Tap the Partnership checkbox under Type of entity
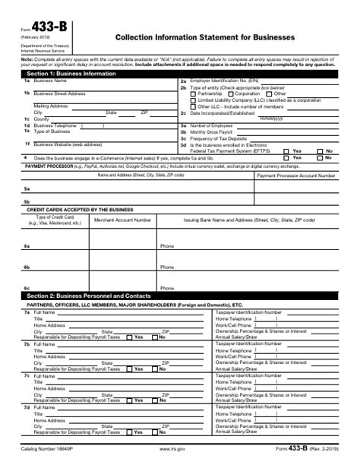point(194,93)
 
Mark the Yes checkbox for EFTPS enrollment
point(286,150)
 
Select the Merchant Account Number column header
point(122,219)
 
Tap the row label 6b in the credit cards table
point(27,267)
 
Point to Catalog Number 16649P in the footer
point(50,449)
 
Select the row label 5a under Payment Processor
point(27,188)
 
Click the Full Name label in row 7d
point(45,408)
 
